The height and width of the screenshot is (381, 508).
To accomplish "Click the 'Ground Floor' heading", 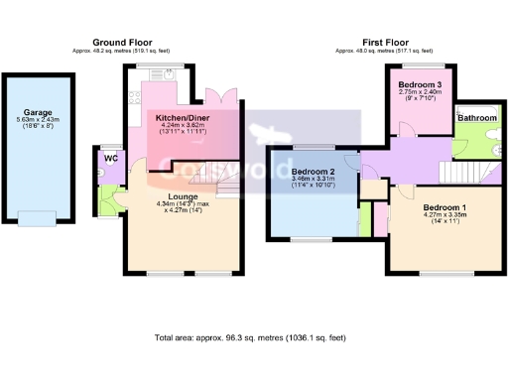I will tap(122, 42).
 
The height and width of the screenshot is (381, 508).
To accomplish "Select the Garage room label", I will tap(39, 112).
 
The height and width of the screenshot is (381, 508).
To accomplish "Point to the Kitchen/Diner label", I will tap(182, 118).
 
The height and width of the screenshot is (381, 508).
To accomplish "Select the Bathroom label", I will tap(477, 118).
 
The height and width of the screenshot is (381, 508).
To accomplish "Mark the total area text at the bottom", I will tap(253, 337).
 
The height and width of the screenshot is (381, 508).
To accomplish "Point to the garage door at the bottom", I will tap(39, 218).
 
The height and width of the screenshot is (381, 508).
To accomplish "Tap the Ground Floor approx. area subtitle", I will tap(122, 51).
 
